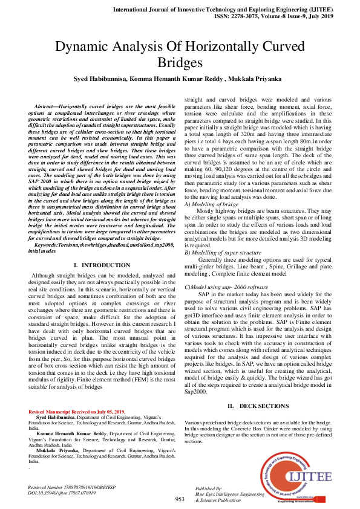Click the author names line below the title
(180, 79)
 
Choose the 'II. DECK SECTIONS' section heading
(258, 406)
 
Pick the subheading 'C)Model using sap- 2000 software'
(226, 286)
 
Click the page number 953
(180, 499)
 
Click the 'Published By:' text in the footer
(209, 487)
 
